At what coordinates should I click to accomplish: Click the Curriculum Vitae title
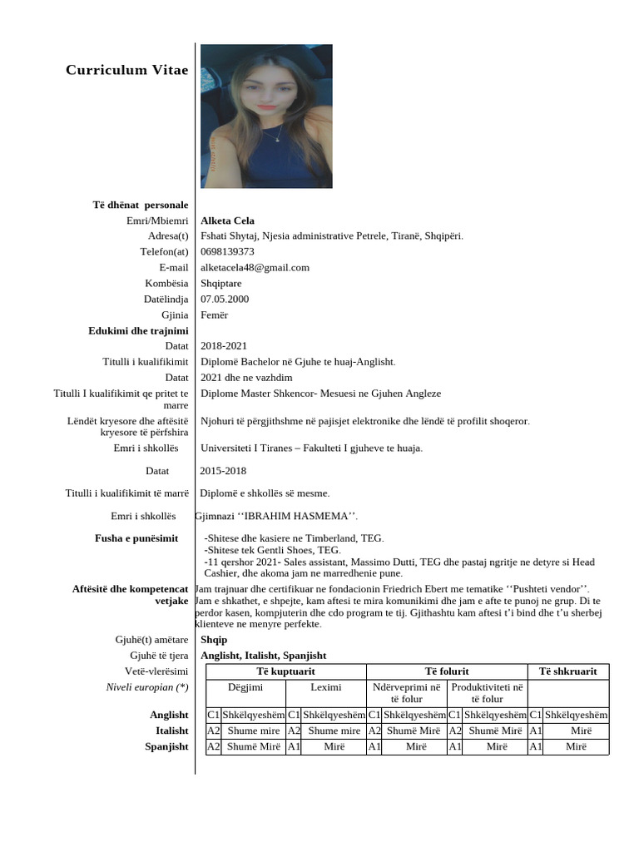click(x=126, y=70)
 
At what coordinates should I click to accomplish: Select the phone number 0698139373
click(x=227, y=251)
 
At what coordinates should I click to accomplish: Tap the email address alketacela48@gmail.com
click(x=255, y=267)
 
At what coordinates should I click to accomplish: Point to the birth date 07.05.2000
click(x=225, y=299)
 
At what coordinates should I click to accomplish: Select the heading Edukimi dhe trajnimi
click(x=138, y=330)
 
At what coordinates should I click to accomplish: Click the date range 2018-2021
click(x=224, y=345)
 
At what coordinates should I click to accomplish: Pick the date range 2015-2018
click(x=223, y=471)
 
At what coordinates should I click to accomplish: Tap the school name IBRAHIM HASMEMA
click(x=277, y=516)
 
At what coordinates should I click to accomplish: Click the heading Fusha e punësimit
click(x=136, y=538)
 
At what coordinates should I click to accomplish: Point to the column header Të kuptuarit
click(x=285, y=671)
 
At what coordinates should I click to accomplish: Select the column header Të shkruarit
click(x=568, y=671)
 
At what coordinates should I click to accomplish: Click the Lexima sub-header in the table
click(x=325, y=687)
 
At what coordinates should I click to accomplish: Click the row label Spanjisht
click(x=166, y=746)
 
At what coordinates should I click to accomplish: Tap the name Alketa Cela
click(x=227, y=220)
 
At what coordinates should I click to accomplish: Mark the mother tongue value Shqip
click(x=214, y=640)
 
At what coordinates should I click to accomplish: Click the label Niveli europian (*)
click(x=146, y=687)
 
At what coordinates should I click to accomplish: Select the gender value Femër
click(x=214, y=315)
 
